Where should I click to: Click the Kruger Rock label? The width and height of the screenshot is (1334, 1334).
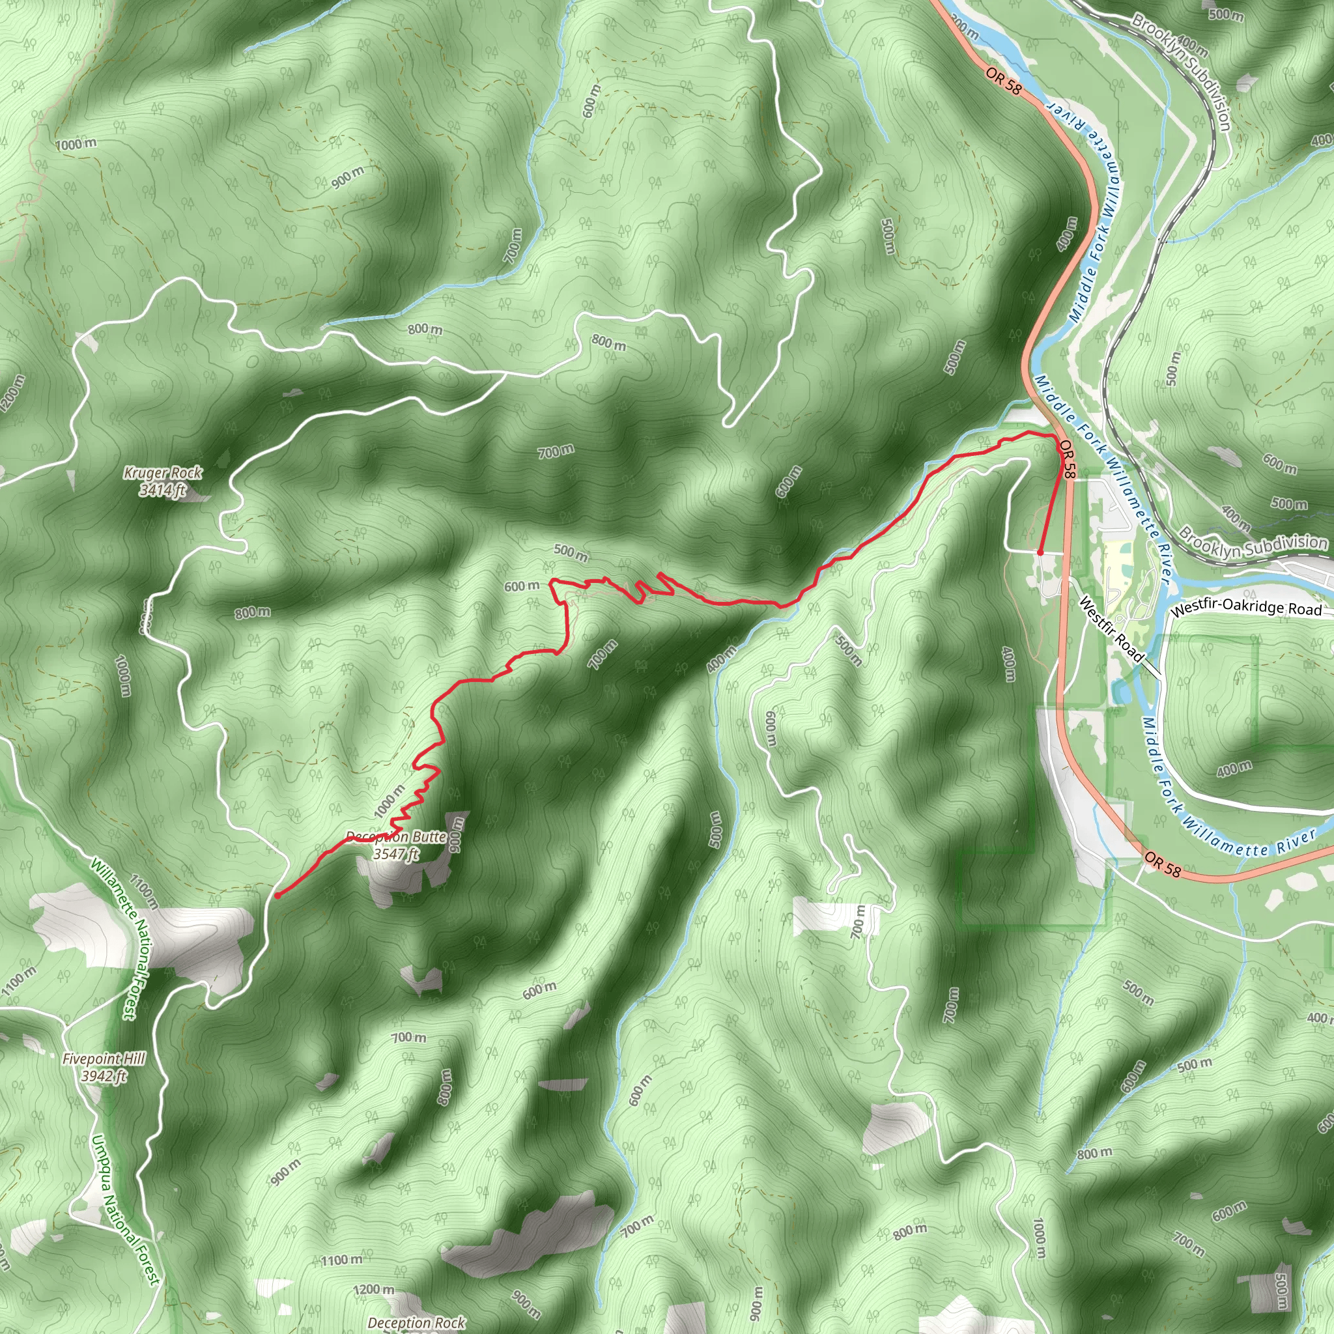163,473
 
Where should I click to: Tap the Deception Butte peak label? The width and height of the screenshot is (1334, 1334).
396,837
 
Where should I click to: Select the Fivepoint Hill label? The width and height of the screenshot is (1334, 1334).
104,1058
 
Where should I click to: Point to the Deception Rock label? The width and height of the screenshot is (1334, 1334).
416,1322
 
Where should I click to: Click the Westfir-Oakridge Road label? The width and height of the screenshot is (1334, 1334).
1246,608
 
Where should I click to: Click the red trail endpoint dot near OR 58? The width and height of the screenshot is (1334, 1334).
1040,552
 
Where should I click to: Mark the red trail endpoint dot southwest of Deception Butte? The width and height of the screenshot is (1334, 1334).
277,896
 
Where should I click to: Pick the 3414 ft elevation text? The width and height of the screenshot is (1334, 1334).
162,490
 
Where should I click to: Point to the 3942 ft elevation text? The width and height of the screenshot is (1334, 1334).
104,1076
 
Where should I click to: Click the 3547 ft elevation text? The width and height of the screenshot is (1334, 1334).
395,854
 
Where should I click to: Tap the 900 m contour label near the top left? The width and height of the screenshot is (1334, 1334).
347,177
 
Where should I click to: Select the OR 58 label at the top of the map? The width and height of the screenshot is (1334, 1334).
1003,81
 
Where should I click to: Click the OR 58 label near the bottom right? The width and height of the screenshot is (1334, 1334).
1163,864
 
